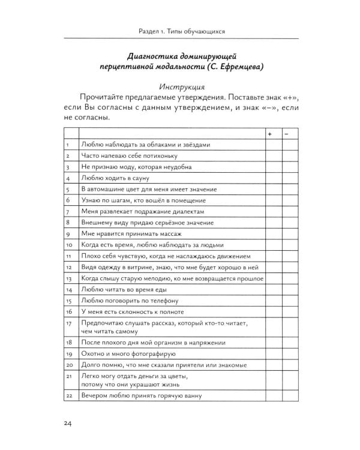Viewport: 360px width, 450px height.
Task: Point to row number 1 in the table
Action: [68, 145]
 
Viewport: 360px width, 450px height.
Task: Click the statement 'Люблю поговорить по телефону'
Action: [126, 300]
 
